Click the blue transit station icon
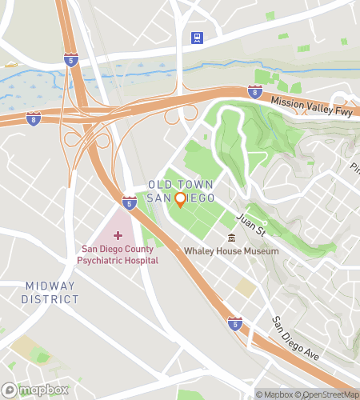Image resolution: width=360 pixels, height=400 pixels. tap(196, 37)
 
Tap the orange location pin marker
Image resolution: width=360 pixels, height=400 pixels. tap(180, 199)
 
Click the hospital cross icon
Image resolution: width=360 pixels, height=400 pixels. tap(118, 235)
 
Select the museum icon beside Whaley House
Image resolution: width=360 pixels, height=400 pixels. tap(232, 238)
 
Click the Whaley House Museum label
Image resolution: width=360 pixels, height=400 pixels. tap(231, 251)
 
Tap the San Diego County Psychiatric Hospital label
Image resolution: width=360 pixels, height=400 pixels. tap(118, 255)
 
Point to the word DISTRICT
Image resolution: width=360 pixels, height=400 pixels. tap(51, 299)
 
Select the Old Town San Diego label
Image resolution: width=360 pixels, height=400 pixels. tap(180, 191)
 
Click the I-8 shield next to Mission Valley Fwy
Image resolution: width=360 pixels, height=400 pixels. tap(255, 92)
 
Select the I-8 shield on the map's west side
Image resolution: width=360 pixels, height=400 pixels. tap(33, 119)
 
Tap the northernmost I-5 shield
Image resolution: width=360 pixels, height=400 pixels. tap(71, 59)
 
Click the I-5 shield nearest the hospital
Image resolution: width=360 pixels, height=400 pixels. tap(130, 202)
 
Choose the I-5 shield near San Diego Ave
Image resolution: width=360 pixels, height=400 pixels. tap(234, 322)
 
